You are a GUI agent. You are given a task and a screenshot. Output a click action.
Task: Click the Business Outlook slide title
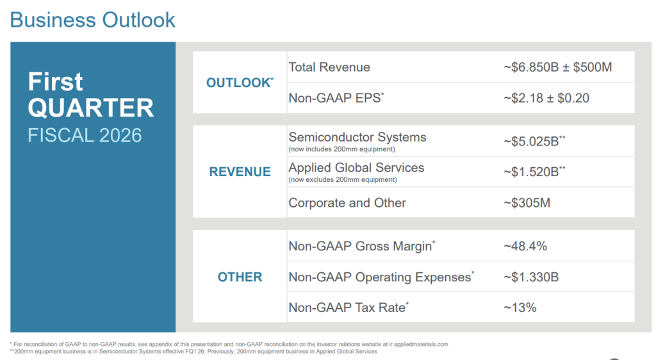(92, 20)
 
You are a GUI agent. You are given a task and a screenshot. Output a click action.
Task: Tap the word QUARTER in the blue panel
(91, 108)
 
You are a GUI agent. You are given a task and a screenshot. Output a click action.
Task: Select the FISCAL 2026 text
(85, 135)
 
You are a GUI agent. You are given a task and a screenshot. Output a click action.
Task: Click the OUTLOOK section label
(240, 83)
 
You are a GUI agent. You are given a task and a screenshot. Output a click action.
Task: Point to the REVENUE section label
(240, 172)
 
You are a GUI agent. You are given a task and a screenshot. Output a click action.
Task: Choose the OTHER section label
(240, 277)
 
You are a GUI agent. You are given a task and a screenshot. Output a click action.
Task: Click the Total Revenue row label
(329, 67)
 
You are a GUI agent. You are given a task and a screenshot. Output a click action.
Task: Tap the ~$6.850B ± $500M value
(558, 67)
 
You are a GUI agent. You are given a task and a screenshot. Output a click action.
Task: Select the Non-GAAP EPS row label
(336, 98)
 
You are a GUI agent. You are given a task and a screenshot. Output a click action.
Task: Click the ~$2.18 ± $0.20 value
(546, 98)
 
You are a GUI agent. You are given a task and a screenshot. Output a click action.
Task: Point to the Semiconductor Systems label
(357, 137)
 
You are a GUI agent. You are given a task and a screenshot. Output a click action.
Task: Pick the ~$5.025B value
(534, 142)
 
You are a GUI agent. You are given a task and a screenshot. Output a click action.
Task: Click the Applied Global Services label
(356, 168)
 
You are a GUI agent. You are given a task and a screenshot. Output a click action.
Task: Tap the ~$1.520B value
(534, 172)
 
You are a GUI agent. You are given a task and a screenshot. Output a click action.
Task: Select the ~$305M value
(527, 203)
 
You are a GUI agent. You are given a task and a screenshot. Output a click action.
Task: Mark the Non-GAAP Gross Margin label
(362, 246)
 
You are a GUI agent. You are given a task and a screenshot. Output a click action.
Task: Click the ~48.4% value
(525, 246)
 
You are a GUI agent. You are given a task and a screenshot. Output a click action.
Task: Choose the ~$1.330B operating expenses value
(531, 277)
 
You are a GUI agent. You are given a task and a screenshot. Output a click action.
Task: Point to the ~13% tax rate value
(520, 307)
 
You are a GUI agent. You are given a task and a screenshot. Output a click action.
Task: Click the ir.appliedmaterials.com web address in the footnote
(418, 345)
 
